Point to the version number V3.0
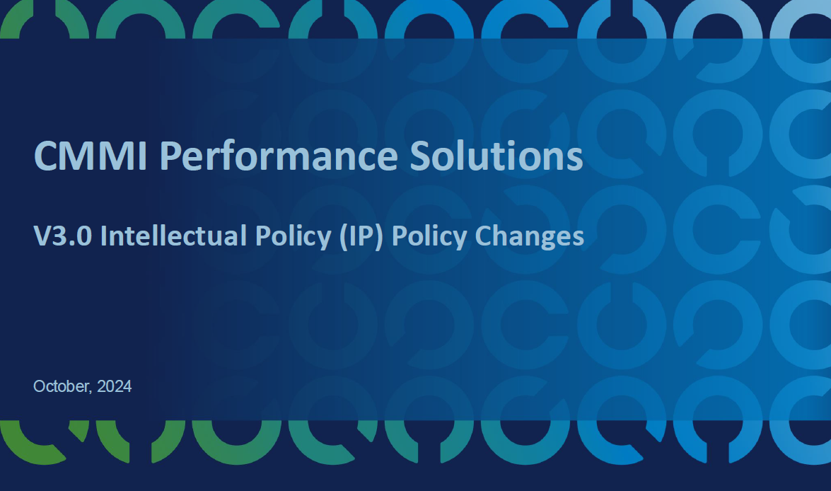(x=64, y=236)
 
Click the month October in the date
(x=61, y=387)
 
